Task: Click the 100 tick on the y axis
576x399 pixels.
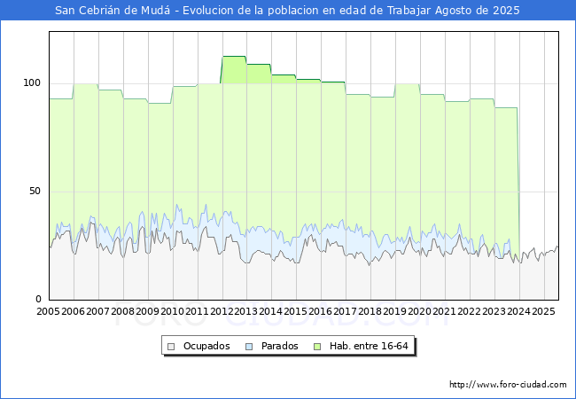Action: click(32, 83)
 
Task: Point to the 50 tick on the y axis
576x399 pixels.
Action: click(35, 191)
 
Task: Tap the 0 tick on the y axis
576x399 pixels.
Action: click(38, 299)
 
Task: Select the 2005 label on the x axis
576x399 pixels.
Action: click(48, 311)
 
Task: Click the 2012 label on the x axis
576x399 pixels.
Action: click(222, 311)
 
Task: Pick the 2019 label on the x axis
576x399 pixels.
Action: click(395, 311)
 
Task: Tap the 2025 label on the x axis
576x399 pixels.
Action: click(543, 311)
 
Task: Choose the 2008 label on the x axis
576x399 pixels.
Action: click(122, 311)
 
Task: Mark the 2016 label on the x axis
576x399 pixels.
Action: click(320, 311)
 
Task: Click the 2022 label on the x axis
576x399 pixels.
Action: click(469, 311)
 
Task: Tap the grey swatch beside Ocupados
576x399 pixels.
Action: click(171, 347)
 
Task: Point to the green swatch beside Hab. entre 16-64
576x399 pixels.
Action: click(317, 347)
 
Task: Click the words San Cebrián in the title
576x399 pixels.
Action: click(88, 11)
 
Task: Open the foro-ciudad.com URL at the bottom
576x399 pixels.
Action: click(508, 384)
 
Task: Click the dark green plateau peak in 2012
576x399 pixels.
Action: click(234, 56)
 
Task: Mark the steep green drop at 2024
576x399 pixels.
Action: click(518, 184)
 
